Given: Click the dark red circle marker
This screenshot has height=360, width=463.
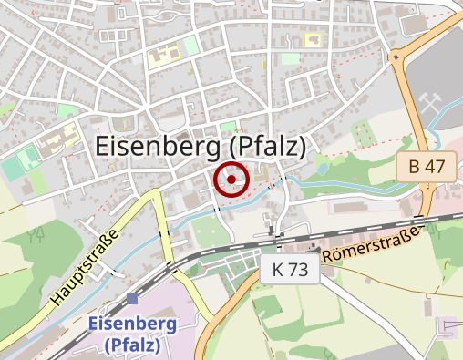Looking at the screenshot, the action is [x=231, y=180].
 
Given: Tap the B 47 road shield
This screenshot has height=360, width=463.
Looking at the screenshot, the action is [x=426, y=166].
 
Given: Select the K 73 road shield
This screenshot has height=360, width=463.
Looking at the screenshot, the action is [x=290, y=269].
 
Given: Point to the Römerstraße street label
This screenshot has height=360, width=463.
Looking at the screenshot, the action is [x=371, y=241].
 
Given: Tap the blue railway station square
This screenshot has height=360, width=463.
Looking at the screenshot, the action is [x=133, y=298].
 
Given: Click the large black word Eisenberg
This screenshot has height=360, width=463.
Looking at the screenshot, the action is [x=157, y=147].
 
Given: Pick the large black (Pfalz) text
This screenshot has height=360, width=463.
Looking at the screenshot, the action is [x=265, y=147].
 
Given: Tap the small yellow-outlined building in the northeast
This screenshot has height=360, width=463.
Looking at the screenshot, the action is [x=314, y=40].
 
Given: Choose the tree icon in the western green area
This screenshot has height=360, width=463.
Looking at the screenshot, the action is [x=37, y=235].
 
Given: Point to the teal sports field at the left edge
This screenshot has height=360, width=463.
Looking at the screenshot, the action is [x=13, y=170].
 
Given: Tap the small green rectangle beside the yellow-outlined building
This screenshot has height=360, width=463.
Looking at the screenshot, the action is [x=290, y=59].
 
